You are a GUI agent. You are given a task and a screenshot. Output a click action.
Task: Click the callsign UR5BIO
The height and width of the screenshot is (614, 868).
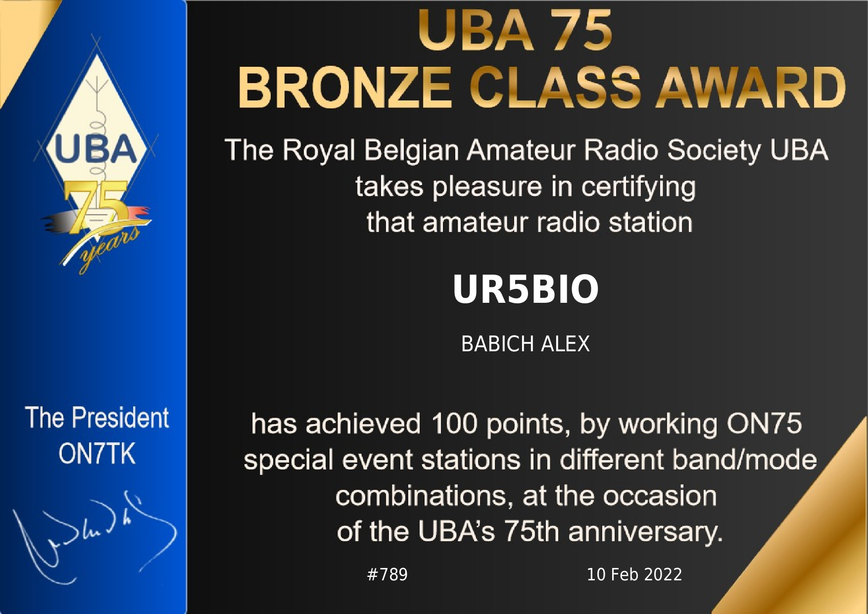pyautogui.click(x=526, y=289)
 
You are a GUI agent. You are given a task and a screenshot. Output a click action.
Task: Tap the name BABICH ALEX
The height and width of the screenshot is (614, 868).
pyautogui.click(x=526, y=344)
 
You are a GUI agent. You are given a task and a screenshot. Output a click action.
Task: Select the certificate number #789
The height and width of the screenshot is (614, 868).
pyautogui.click(x=387, y=574)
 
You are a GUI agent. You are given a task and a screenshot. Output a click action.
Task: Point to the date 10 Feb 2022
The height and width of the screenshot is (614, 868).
pyautogui.click(x=634, y=574)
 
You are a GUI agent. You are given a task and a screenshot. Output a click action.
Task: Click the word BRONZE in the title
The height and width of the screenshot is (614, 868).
pyautogui.click(x=345, y=88)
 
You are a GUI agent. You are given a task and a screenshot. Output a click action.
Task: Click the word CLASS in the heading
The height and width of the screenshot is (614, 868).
pyautogui.click(x=555, y=88)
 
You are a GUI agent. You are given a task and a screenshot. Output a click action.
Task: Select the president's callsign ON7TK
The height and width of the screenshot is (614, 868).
pyautogui.click(x=97, y=453)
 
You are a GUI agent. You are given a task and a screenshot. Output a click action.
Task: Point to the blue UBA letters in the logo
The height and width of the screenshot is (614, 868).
pyautogui.click(x=96, y=149)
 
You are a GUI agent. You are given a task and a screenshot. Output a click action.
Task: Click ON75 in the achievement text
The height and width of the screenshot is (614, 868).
pyautogui.click(x=764, y=424)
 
